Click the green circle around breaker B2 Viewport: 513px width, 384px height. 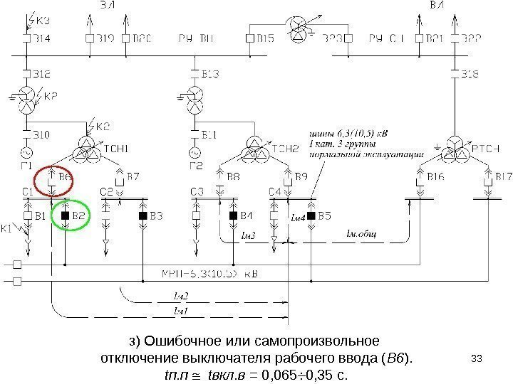pyautogui.click(x=72, y=215)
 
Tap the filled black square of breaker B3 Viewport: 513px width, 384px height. pyautogui.click(x=142, y=215)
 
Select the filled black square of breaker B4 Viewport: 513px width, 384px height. pyautogui.click(x=232, y=215)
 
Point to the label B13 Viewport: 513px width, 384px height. pyautogui.click(x=211, y=73)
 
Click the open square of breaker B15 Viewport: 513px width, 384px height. pyautogui.click(x=249, y=38)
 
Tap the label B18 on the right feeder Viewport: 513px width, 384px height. pyautogui.click(x=470, y=73)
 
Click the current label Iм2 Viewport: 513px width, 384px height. pyautogui.click(x=181, y=295)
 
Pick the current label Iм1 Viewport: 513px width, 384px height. pyautogui.click(x=181, y=311)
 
